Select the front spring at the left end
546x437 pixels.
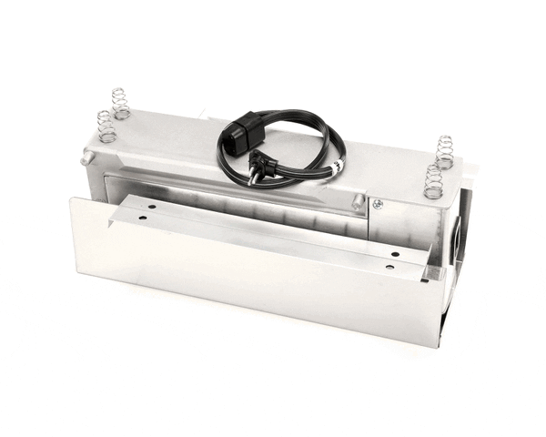(106, 127)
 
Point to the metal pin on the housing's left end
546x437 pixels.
(86, 158)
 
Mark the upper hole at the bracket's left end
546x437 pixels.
(152, 208)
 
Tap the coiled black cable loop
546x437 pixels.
(309, 155)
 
